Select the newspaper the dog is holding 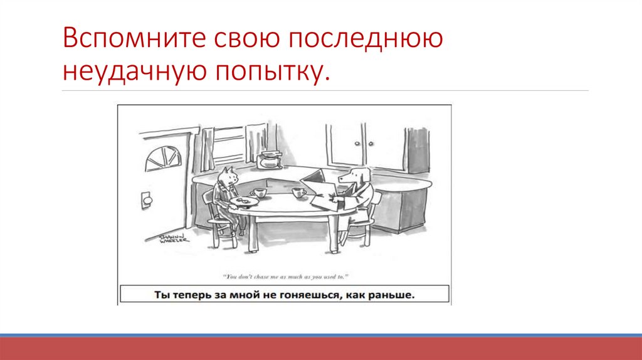coord(320,188)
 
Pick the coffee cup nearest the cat coord(257,192)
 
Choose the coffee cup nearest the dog coord(298,192)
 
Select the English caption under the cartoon coord(285,275)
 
